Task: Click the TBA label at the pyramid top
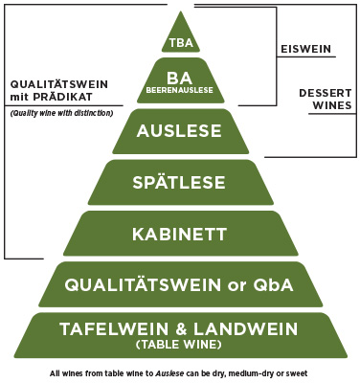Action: pos(180,43)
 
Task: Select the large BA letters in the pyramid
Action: pos(180,78)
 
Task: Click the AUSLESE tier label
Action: pos(180,132)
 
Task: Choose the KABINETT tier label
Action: pos(180,231)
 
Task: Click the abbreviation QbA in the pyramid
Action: pos(270,283)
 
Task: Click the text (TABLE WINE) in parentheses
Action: pos(180,344)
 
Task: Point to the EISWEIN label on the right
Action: pos(304,49)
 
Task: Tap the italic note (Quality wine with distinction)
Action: pos(57,113)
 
